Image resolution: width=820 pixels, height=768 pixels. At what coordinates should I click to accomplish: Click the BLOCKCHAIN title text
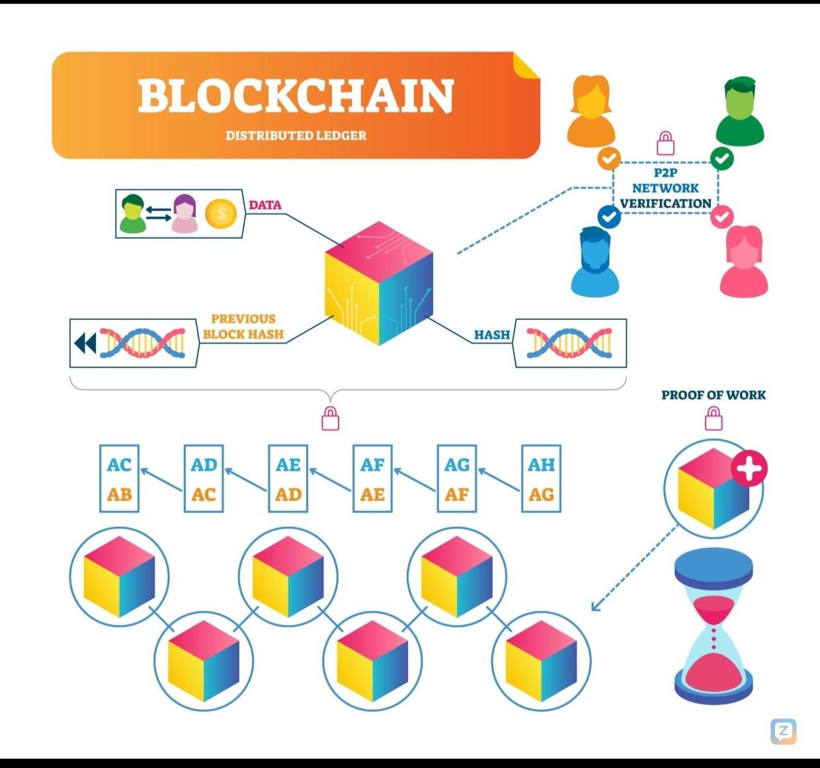(x=296, y=96)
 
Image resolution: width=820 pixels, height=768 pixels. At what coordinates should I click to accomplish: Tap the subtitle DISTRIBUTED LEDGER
(x=296, y=135)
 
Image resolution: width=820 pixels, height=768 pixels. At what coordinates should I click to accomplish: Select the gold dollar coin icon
(x=221, y=213)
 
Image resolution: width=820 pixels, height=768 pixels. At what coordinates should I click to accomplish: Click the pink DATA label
(x=265, y=205)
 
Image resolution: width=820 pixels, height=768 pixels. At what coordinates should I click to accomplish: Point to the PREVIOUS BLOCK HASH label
(x=243, y=326)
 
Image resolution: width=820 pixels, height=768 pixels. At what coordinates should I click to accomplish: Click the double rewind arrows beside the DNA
(x=85, y=343)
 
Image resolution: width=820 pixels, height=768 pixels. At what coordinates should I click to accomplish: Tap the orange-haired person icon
(x=591, y=110)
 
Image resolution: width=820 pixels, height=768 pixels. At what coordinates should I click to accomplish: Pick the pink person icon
(x=744, y=260)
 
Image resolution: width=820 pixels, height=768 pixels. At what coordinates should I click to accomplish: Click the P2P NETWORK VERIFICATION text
(x=665, y=188)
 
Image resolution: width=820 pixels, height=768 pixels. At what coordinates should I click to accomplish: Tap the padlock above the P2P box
(x=665, y=141)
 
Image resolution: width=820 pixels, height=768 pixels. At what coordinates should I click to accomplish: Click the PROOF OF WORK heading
(x=714, y=395)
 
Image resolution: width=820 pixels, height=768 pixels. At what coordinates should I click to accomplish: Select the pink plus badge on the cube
(x=749, y=469)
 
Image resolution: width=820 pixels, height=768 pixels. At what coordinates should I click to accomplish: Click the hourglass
(x=714, y=628)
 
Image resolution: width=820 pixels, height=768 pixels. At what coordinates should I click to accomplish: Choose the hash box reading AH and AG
(x=541, y=479)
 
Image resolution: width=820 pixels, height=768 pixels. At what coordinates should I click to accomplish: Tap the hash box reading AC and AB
(x=120, y=479)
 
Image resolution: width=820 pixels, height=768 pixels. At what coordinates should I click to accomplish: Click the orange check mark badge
(x=609, y=158)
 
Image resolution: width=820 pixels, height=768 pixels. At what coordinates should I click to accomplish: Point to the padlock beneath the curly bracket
(x=330, y=418)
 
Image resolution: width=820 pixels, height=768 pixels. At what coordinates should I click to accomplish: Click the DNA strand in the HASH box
(x=569, y=343)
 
